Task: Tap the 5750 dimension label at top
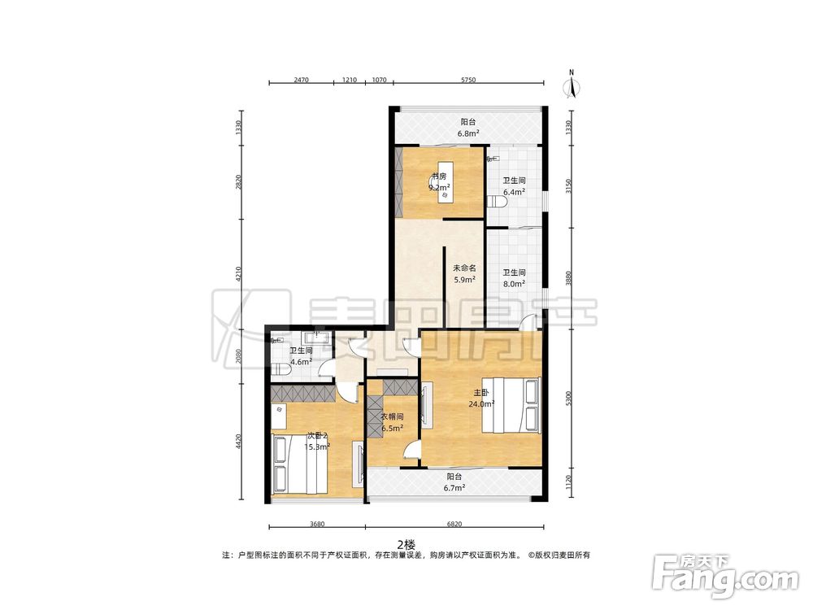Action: tap(468, 80)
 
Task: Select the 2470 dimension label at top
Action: tap(302, 80)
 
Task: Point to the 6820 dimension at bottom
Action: tap(454, 524)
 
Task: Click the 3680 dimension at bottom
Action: tap(317, 524)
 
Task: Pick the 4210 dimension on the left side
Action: tap(238, 274)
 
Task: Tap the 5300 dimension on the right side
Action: tap(569, 399)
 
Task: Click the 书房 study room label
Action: tap(439, 176)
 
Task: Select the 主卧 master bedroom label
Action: tap(481, 393)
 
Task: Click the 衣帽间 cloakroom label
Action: tap(393, 416)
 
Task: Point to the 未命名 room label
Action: tap(464, 268)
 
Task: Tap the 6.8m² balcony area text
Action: tap(467, 133)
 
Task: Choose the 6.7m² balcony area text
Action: tap(454, 487)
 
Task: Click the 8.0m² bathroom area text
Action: tap(514, 283)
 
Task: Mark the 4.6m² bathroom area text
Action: tap(301, 361)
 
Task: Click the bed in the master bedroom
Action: tap(511, 404)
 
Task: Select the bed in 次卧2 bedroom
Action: tap(299, 464)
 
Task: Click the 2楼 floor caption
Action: tap(406, 544)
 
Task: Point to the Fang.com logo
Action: tap(725, 576)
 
